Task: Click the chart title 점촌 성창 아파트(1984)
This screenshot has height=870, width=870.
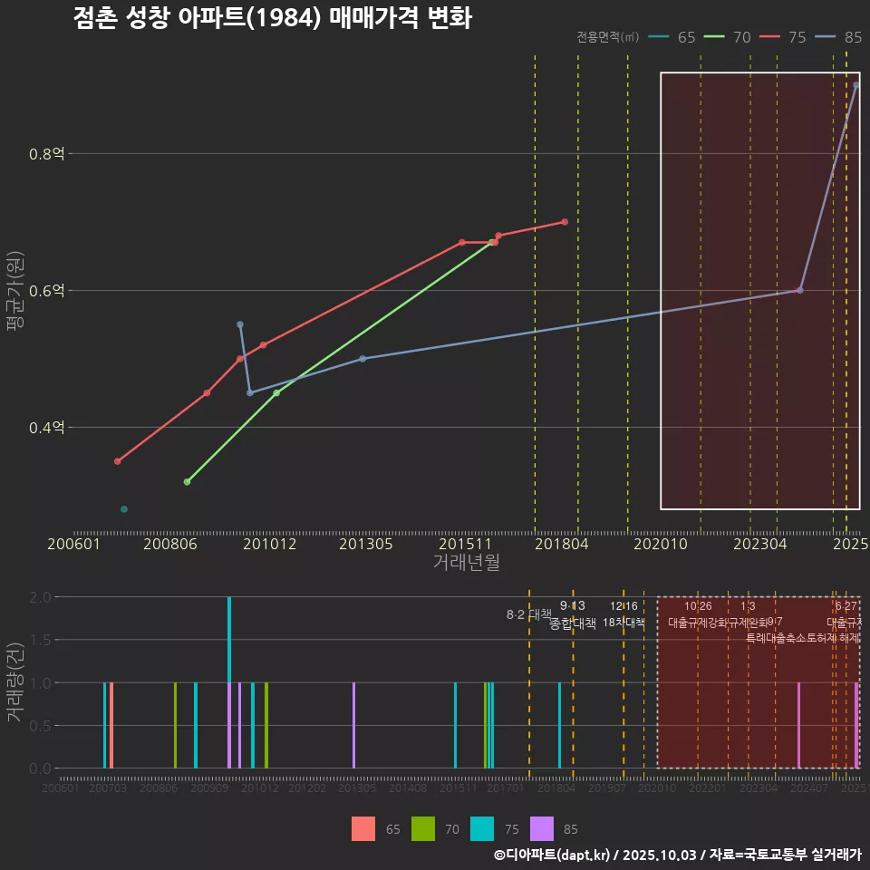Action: (x=272, y=18)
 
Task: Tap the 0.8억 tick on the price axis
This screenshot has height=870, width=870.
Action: (x=45, y=154)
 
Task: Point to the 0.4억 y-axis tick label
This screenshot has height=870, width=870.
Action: (x=45, y=428)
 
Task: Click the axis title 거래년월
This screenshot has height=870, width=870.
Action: (x=466, y=562)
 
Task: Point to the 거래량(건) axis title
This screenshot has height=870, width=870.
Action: (x=14, y=681)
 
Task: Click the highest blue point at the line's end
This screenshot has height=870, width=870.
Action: (x=855, y=85)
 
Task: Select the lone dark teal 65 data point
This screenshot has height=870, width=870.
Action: (x=124, y=509)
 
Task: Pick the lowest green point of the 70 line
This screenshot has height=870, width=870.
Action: (x=187, y=482)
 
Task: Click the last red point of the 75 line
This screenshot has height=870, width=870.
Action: (x=565, y=222)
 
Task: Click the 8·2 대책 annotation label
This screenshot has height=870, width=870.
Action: (x=528, y=614)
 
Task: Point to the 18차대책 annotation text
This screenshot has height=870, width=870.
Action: (x=623, y=623)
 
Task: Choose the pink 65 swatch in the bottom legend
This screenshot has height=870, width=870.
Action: (x=363, y=828)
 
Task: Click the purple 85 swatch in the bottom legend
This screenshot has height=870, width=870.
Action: (x=541, y=828)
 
